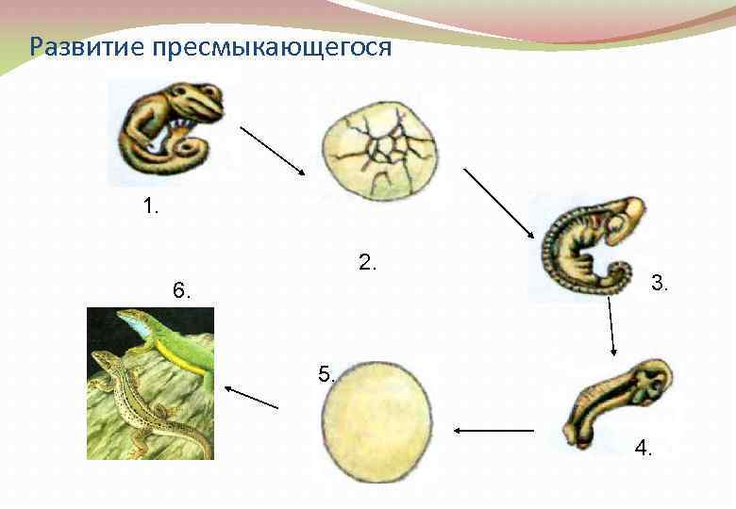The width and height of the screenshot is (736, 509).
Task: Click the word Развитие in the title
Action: pyautogui.click(x=80, y=46)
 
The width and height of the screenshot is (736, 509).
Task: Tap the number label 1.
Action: pyautogui.click(x=150, y=205)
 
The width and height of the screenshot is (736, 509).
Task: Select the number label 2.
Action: pyautogui.click(x=368, y=263)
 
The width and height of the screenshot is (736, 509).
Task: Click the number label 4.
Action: pyautogui.click(x=644, y=448)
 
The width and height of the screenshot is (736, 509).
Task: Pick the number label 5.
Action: pyautogui.click(x=326, y=374)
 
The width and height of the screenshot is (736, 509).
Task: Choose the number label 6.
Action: pyautogui.click(x=182, y=291)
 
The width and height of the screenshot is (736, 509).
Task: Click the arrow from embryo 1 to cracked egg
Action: pyautogui.click(x=273, y=151)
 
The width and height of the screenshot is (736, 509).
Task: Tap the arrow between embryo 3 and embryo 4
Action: pyautogui.click(x=611, y=326)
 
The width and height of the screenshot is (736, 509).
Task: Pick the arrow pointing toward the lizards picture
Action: pyautogui.click(x=253, y=397)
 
